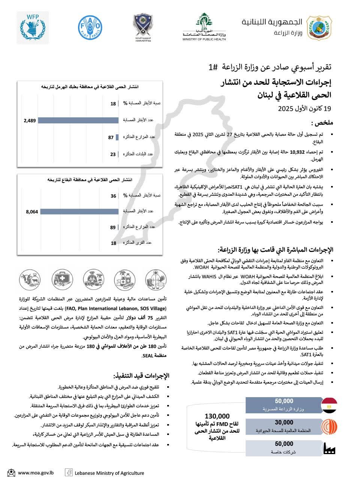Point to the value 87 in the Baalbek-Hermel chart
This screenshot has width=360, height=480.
point(111,137)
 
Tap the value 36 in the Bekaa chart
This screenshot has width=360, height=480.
point(113,196)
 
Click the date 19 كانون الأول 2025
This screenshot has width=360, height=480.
point(305,109)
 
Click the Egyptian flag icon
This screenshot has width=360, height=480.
point(330,405)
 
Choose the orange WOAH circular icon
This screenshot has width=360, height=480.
point(330,427)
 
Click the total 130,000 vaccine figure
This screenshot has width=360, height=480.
point(217,416)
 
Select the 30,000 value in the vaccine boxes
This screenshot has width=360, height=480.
point(284,423)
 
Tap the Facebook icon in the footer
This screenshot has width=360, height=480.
point(69,472)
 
